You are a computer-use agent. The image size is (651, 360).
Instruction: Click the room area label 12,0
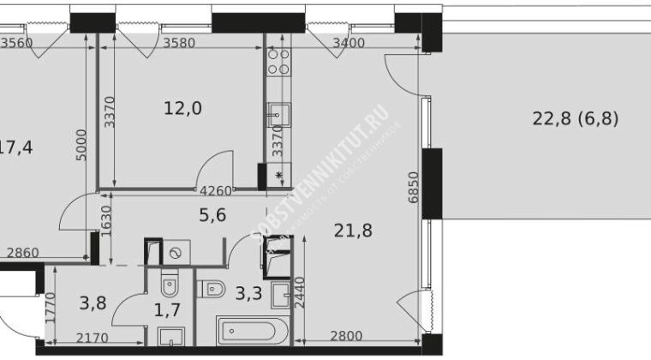click(177, 109)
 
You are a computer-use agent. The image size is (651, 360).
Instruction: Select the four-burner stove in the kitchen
click(278, 62)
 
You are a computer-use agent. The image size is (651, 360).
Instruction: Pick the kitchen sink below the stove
click(278, 114)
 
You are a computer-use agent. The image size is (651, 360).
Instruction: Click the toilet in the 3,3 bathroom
click(212, 289)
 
